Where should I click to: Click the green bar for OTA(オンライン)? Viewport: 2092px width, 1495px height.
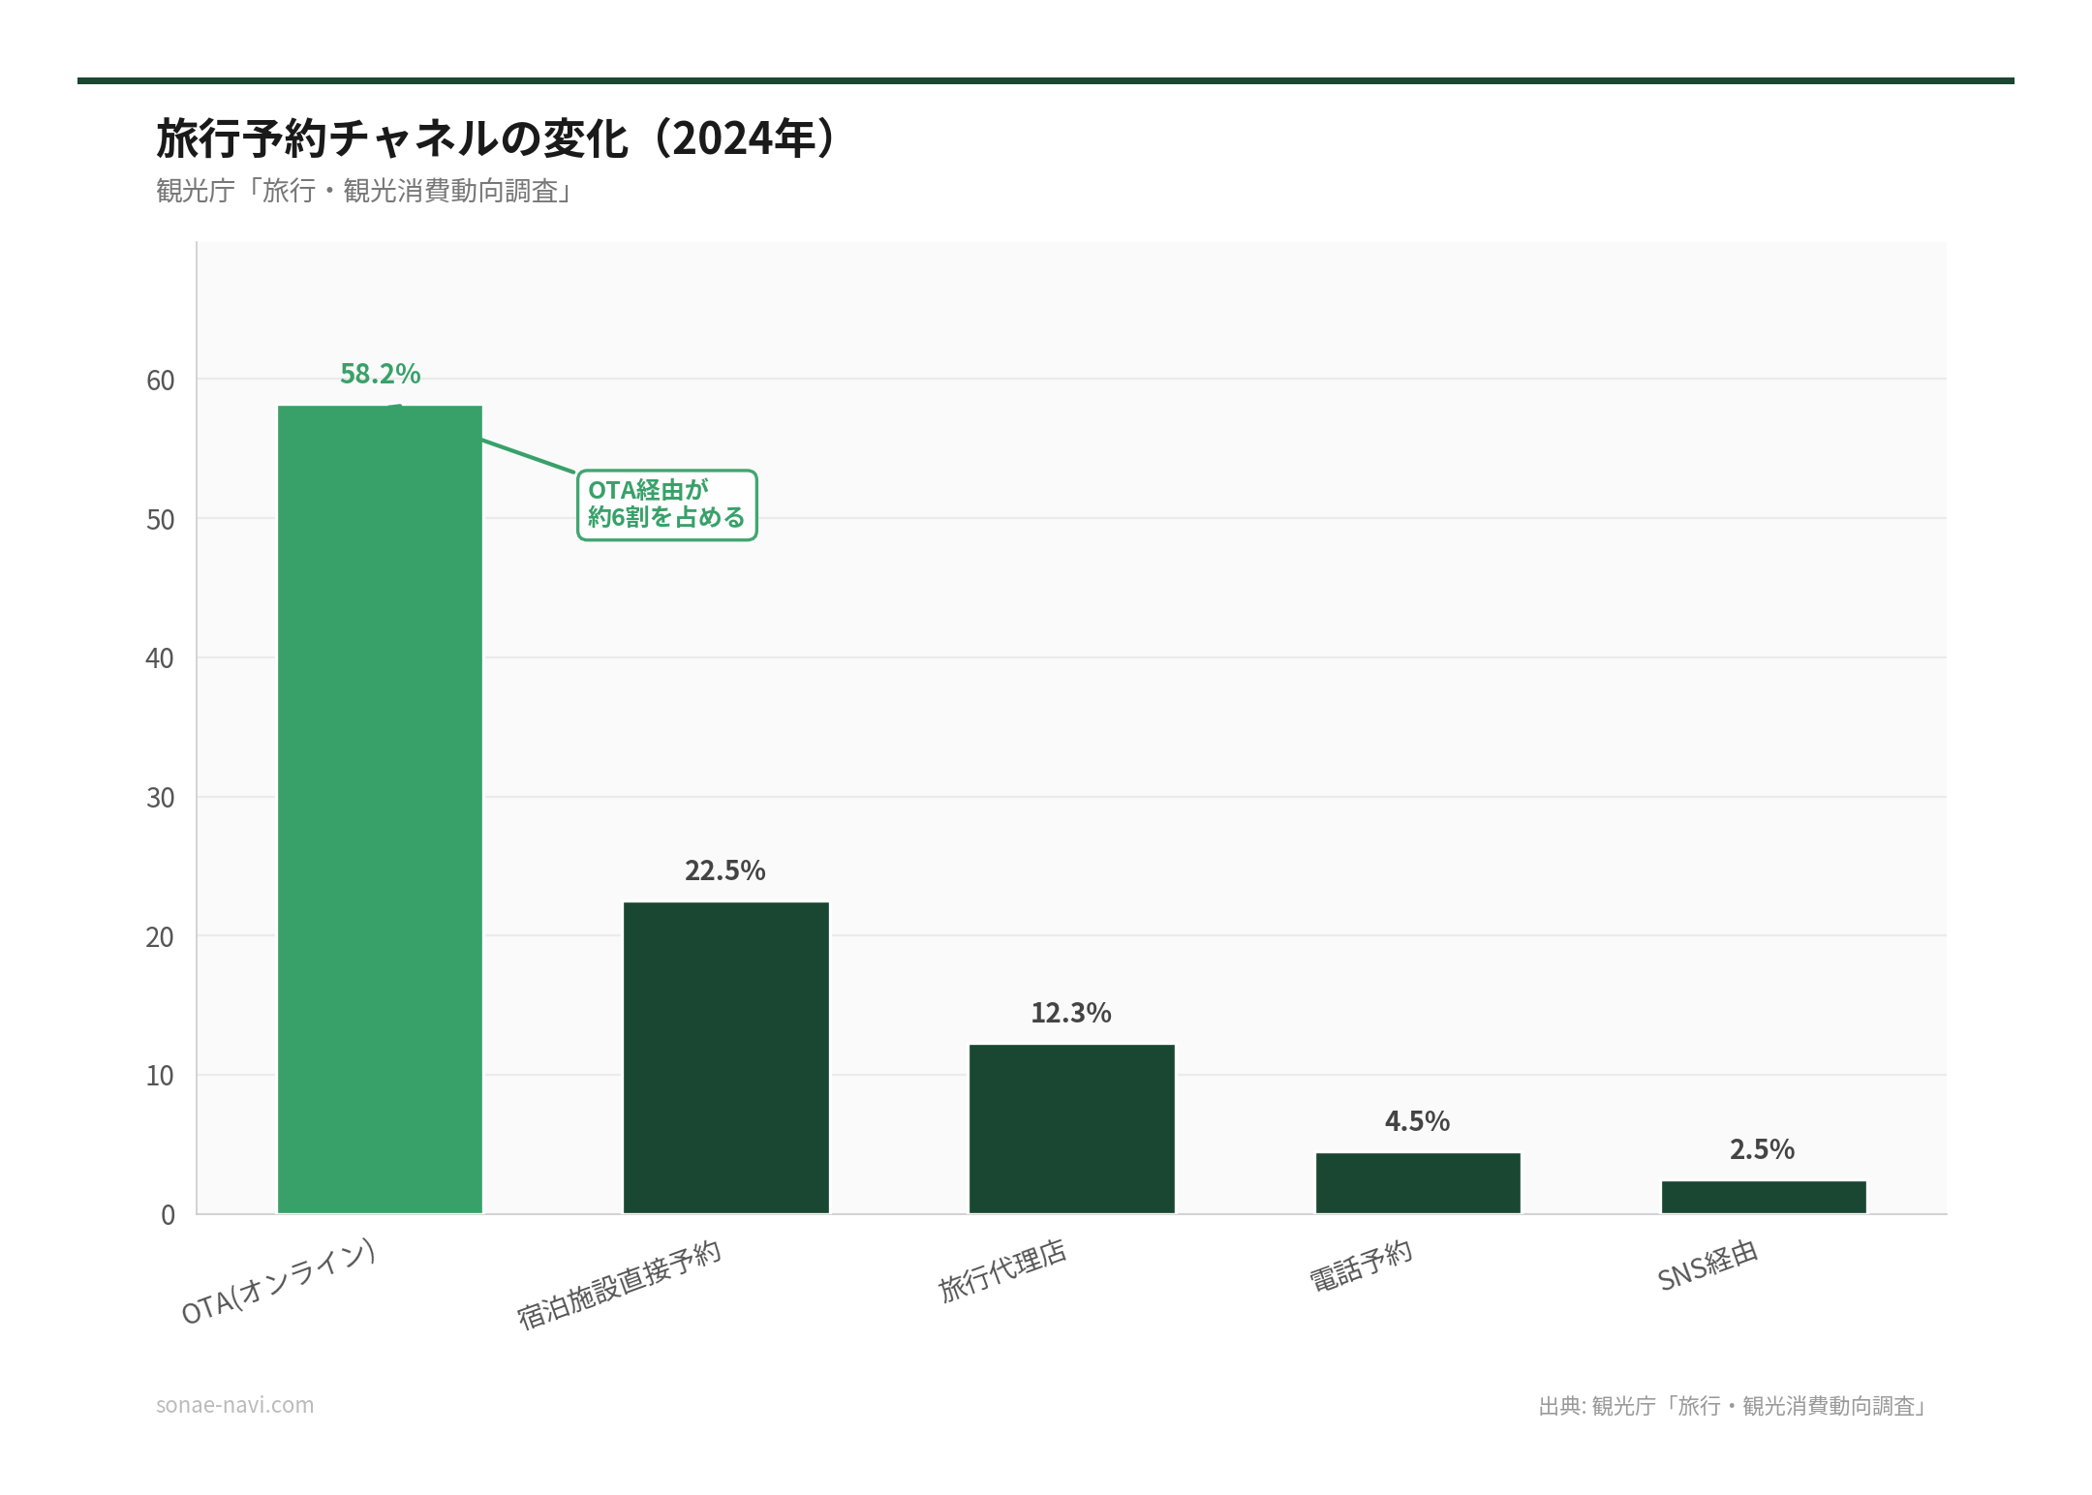coord(380,809)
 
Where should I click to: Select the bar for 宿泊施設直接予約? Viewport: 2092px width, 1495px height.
coord(725,1057)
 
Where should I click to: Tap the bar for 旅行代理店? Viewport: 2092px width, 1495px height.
coord(1071,1128)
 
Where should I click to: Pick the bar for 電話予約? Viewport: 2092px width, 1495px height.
coord(1418,1182)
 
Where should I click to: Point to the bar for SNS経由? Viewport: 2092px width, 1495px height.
coord(1764,1197)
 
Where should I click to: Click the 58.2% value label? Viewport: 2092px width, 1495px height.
coord(380,374)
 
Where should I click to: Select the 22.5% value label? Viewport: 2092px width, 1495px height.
coord(724,870)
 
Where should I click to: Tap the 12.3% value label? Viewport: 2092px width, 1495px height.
coord(1070,1013)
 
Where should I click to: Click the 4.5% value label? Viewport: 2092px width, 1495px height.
coord(1417,1121)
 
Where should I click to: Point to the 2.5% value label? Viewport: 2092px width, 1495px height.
coord(1762,1149)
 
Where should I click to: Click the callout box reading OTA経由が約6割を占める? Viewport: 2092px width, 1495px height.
coord(666,504)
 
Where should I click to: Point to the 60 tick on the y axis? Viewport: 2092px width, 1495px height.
coord(161,381)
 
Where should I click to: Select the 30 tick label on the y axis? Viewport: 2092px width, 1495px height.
coord(161,798)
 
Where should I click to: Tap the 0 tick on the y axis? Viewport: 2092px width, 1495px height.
coord(169,1215)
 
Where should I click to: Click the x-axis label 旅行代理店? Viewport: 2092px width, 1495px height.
coord(1002,1270)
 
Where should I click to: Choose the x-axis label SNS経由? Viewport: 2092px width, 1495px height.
coord(1707,1266)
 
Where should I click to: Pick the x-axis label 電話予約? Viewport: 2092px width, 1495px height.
coord(1361,1266)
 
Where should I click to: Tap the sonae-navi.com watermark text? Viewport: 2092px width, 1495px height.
coord(234,1405)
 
